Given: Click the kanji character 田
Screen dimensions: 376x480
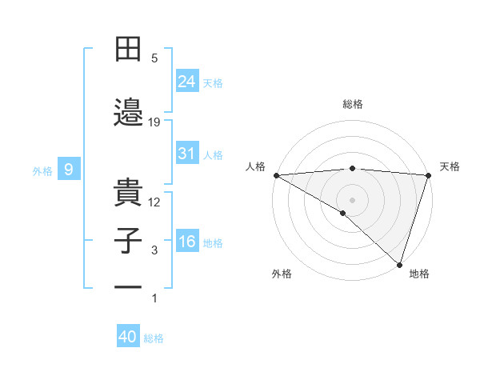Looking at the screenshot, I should pos(128,50).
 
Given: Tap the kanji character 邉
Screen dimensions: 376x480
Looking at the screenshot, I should pos(128,112).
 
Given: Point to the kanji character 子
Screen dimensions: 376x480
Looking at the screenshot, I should pos(128,241).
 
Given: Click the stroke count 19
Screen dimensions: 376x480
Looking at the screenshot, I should pos(154,122).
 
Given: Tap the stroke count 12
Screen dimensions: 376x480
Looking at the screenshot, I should pos(154,202).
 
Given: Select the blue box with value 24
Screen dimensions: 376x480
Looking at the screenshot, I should pos(187,81).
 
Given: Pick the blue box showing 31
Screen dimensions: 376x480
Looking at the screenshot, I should pos(187,154).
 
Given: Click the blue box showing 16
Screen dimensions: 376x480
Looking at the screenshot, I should pos(187,242).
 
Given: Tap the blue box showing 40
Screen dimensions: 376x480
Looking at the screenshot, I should pos(128,337).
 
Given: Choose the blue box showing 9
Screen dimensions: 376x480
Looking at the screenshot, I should pos(70,169).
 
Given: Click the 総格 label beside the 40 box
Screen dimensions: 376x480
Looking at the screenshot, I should pos(154,338).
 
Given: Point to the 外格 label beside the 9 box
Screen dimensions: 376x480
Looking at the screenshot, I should pos(42,170).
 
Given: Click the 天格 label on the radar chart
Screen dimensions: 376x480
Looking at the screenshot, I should pos(450,166).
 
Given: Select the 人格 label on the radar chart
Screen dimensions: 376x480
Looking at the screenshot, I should pos(255,166).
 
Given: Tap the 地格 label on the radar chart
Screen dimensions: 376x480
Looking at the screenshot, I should pos(419,274).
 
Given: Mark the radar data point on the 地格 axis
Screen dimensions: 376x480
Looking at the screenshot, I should pos(400,265).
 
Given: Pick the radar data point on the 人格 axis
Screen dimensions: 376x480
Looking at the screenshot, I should pos(276,175).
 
